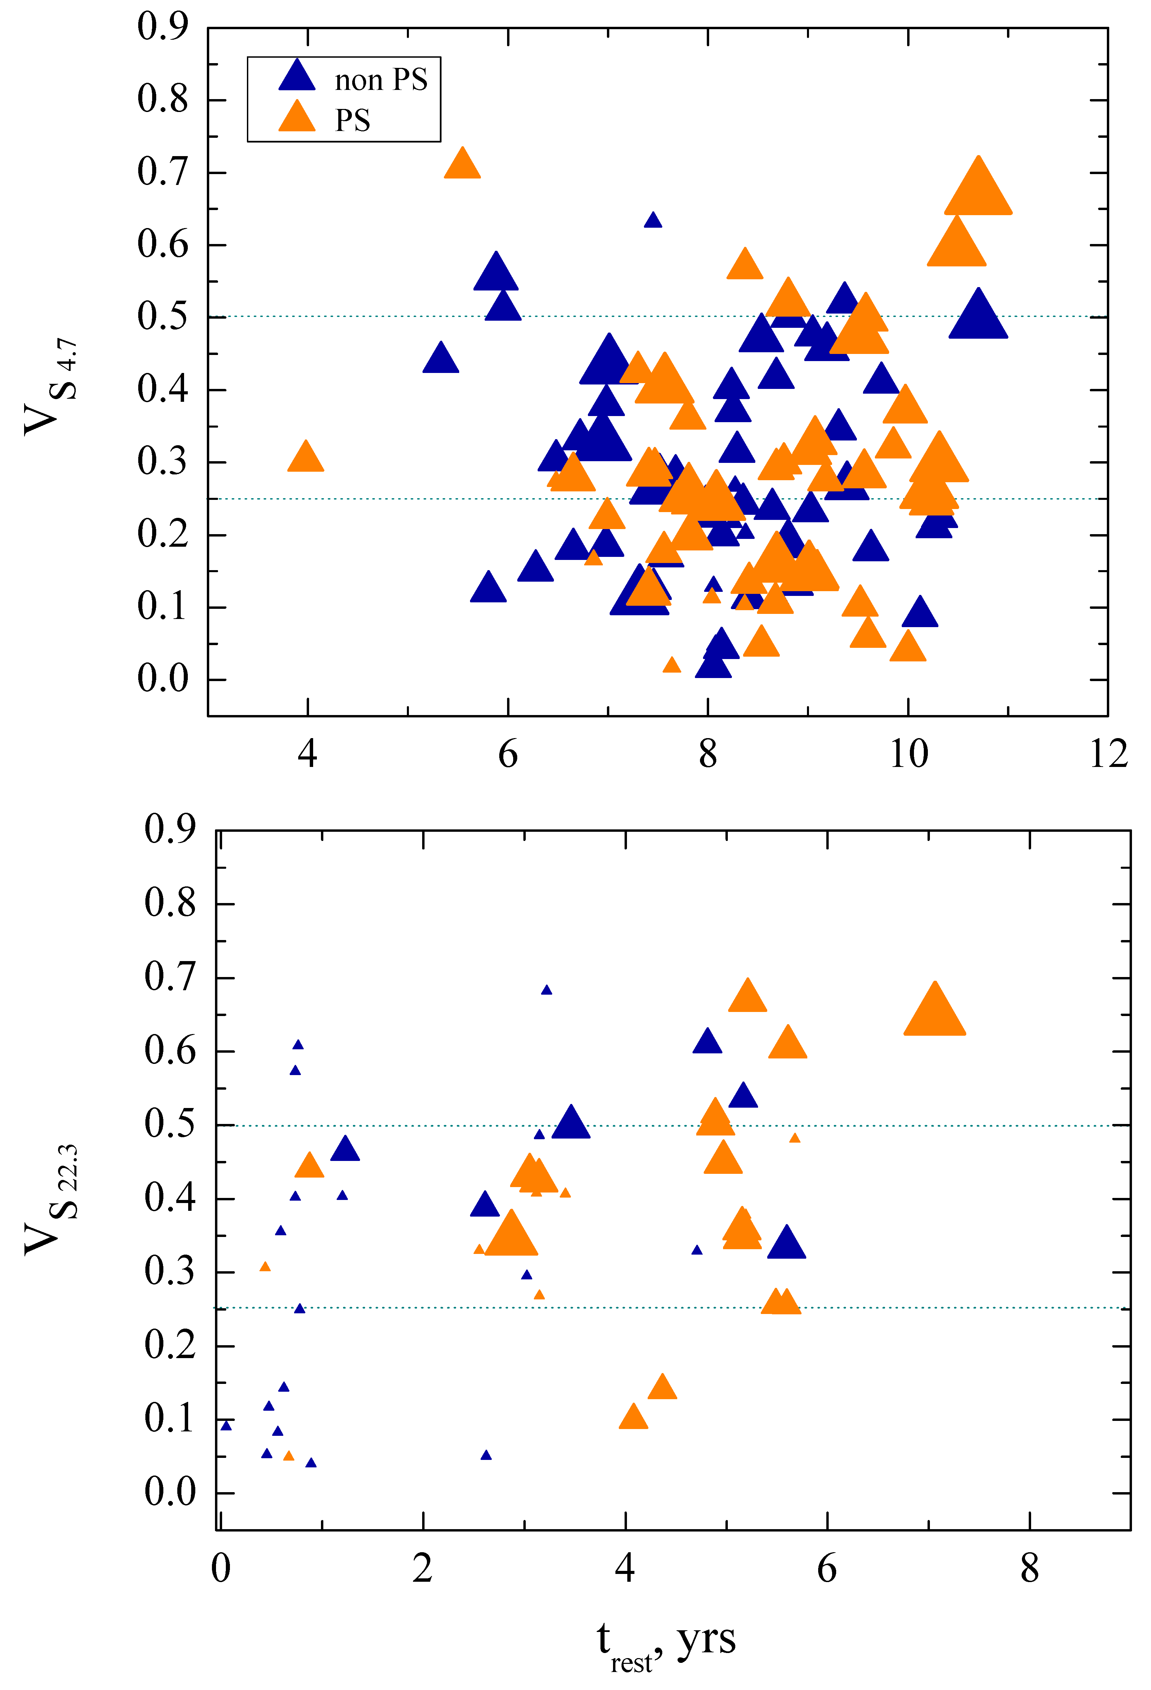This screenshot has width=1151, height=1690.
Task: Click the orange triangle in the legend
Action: pos(297,117)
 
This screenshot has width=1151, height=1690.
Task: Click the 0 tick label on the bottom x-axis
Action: pos(220,1569)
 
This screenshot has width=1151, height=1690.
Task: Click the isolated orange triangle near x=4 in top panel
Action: pos(306,458)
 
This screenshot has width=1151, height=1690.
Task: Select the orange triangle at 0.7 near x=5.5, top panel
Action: pos(462,164)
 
